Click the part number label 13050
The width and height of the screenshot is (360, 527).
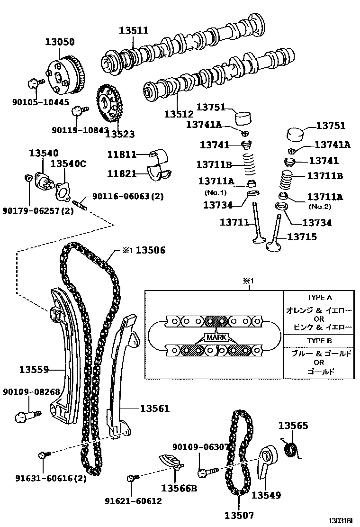point(60,42)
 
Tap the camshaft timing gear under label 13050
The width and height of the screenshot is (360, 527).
point(65,76)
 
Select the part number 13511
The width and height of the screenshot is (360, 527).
point(133,30)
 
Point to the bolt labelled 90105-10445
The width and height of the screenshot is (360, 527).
point(34,84)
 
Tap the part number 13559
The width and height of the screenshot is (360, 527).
point(34,369)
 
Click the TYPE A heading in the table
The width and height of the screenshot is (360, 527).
point(319,298)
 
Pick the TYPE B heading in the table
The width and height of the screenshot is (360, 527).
point(319,341)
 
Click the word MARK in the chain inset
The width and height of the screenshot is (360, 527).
point(216,337)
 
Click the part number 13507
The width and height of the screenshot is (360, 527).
point(239,515)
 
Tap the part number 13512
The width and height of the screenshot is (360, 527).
point(179,114)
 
